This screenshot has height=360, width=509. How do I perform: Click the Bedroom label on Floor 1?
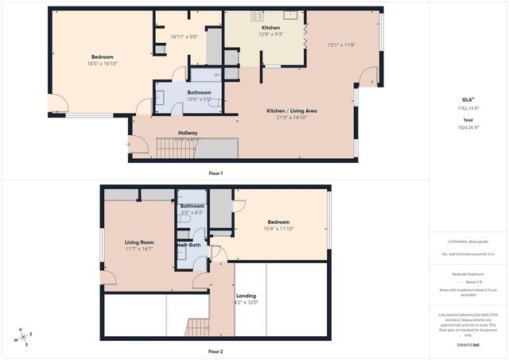(x=102, y=56)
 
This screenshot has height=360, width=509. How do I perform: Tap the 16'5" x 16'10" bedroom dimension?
(x=102, y=64)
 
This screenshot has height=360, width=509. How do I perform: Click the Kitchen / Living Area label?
(x=291, y=110)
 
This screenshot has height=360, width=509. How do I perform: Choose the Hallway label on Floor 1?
(x=188, y=133)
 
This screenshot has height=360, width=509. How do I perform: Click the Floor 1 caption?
(x=216, y=173)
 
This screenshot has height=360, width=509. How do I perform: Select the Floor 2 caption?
(x=216, y=351)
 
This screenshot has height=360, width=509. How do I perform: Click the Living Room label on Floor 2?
(x=139, y=242)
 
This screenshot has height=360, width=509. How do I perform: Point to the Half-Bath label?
(x=189, y=245)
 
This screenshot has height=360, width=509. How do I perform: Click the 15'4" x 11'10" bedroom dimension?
(x=278, y=229)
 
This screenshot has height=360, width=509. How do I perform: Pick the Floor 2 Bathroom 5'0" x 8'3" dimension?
(x=192, y=213)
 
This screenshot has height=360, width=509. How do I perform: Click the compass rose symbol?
(x=24, y=337)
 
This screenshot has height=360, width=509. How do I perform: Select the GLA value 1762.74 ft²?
(x=468, y=107)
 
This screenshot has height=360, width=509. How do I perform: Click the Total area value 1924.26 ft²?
(x=468, y=127)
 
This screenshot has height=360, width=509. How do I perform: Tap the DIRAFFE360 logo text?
(x=468, y=346)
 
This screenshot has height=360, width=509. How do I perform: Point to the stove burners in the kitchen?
(x=257, y=15)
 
